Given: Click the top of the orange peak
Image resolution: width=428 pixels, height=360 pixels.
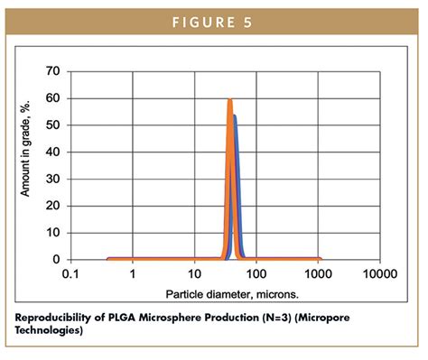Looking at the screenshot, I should [230, 99].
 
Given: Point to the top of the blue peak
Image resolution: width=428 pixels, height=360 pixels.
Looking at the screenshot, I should [235, 115].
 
